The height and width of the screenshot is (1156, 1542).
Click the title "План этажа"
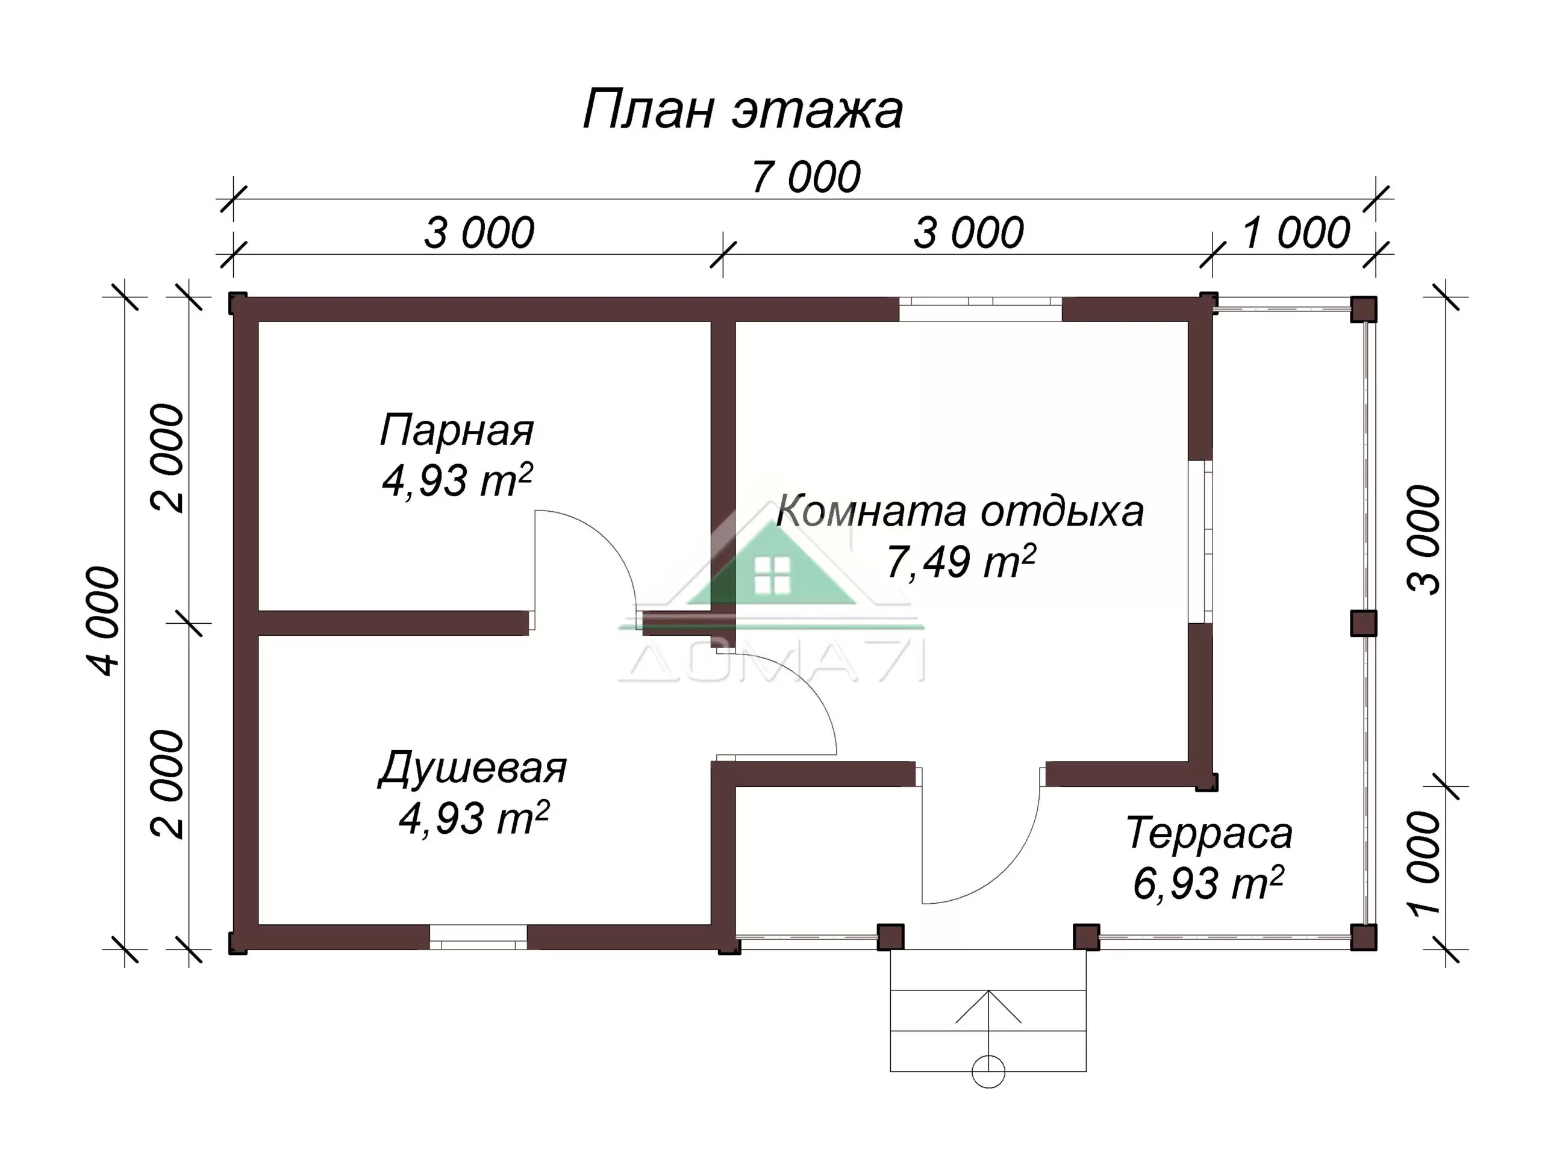coord(743,110)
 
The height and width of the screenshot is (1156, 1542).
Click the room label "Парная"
coord(457,430)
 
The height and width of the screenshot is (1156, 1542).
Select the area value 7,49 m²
coord(961,562)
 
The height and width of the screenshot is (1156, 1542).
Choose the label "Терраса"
coord(1210,833)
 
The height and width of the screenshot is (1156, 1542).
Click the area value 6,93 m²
coord(1208,883)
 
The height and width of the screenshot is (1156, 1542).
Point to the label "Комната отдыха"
coord(960,511)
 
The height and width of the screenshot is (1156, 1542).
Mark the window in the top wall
coord(980,309)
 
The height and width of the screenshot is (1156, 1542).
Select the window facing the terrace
coord(1200,541)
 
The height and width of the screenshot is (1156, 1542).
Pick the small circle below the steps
coord(988,1071)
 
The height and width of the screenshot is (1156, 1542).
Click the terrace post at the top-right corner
coord(1364,309)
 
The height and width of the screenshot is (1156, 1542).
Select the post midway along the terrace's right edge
coord(1364,623)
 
